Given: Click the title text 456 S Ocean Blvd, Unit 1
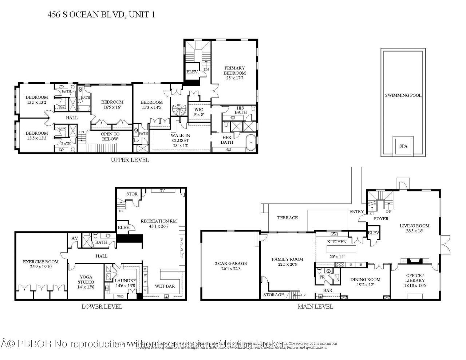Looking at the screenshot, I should pos(98,15).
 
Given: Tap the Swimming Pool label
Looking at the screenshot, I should pos(403,95).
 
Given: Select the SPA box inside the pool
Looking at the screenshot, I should pos(403,146).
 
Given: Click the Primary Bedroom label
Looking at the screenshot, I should pos(234,70).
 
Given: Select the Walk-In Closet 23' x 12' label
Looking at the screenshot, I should pos(180,140).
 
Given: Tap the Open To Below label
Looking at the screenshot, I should pos(110,136).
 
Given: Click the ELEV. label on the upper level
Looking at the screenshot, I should pos(192,72).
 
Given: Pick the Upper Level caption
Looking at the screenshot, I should pos(130,160).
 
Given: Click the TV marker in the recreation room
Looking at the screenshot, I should pos(163,190).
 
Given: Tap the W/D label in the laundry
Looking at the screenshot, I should pos(120,296).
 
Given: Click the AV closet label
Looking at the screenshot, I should pos(75,238).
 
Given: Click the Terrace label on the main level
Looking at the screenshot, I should pos(287,218).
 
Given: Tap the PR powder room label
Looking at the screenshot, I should pos(322,277).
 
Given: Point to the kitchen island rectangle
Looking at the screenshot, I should pos(342,249).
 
